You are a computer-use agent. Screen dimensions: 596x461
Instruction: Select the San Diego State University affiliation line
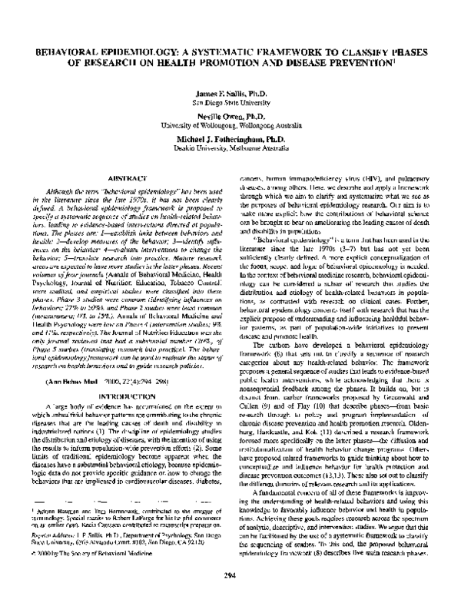230,101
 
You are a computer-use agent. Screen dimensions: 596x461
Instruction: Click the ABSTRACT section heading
123,177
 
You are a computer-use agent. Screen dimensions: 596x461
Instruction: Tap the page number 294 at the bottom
230,575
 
